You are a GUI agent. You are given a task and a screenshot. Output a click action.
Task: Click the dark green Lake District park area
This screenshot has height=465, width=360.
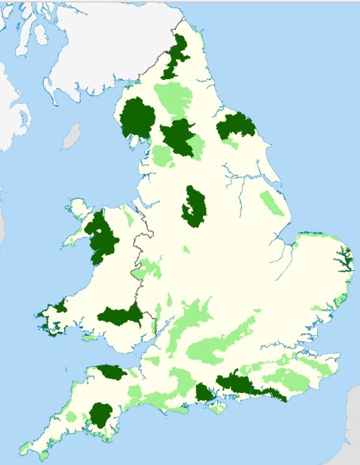pyautogui.click(x=139, y=119)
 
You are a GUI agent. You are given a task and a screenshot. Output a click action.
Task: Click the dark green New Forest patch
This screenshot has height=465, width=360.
pyautogui.click(x=205, y=394)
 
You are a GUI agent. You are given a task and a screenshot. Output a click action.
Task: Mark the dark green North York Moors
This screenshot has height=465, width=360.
pyautogui.click(x=237, y=126)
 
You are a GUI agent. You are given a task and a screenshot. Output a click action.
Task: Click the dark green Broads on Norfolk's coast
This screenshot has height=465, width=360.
pyautogui.click(x=345, y=258)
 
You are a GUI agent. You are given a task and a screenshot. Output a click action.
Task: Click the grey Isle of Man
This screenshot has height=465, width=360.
pyautogui.click(x=71, y=135)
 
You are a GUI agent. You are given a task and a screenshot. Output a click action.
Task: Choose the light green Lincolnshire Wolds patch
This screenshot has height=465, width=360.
pyautogui.click(x=272, y=204)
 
